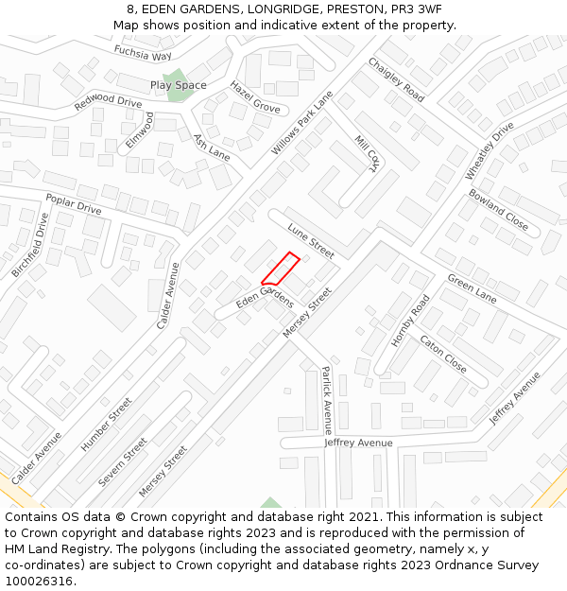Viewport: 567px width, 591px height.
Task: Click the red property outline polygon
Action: [281, 269]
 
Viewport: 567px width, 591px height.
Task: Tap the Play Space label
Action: [178, 85]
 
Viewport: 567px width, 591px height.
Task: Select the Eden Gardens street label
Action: [265, 299]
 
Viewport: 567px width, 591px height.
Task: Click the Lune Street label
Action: [311, 241]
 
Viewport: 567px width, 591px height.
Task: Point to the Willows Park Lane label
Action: [302, 124]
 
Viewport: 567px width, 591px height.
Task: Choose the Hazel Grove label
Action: [254, 96]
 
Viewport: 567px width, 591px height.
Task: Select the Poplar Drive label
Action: [74, 203]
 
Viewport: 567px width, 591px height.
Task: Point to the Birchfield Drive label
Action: [30, 244]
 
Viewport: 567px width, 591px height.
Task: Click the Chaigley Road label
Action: [396, 79]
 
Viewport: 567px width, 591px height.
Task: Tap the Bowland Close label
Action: [498, 209]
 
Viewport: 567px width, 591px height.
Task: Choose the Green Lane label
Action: [472, 288]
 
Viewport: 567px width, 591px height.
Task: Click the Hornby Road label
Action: [411, 320]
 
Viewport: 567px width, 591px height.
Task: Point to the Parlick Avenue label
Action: [327, 400]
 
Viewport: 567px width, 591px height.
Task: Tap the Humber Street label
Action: [107, 424]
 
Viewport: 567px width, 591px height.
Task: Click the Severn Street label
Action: [124, 461]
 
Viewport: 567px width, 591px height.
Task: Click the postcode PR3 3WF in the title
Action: [417, 9]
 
